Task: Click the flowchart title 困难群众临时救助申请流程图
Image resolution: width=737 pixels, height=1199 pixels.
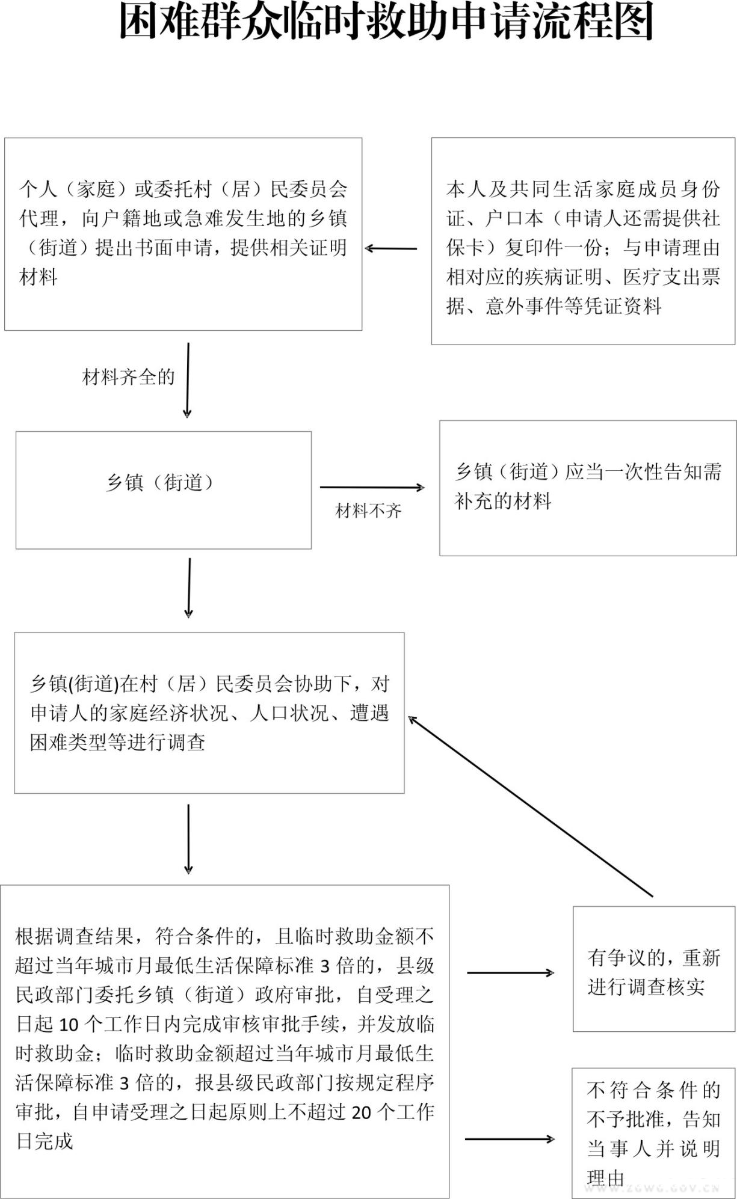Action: pyautogui.click(x=385, y=23)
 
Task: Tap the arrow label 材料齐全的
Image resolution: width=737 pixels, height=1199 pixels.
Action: pyautogui.click(x=128, y=378)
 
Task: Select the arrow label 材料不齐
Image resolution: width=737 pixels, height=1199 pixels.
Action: pyautogui.click(x=368, y=511)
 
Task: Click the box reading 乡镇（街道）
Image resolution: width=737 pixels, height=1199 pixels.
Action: pyautogui.click(x=163, y=489)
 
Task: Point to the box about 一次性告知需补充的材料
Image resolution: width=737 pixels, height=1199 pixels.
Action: pyautogui.click(x=588, y=488)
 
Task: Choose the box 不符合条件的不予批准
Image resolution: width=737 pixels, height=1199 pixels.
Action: pyautogui.click(x=653, y=1133)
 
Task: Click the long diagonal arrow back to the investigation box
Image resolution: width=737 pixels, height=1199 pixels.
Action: pyautogui.click(x=529, y=806)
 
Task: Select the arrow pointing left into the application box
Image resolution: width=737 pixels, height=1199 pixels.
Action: pyautogui.click(x=391, y=248)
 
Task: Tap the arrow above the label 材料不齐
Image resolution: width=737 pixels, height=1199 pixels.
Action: pyautogui.click(x=372, y=488)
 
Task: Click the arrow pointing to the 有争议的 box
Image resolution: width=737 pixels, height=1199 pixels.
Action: pyautogui.click(x=510, y=972)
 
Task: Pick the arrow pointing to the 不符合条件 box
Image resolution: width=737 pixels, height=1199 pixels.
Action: pyautogui.click(x=510, y=1139)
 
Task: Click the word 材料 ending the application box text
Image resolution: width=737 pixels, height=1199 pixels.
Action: pyautogui.click(x=39, y=277)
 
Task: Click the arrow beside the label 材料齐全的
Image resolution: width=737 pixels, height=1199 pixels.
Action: pyautogui.click(x=188, y=380)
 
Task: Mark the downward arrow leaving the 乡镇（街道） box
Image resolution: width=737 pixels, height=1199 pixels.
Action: pyautogui.click(x=189, y=587)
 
